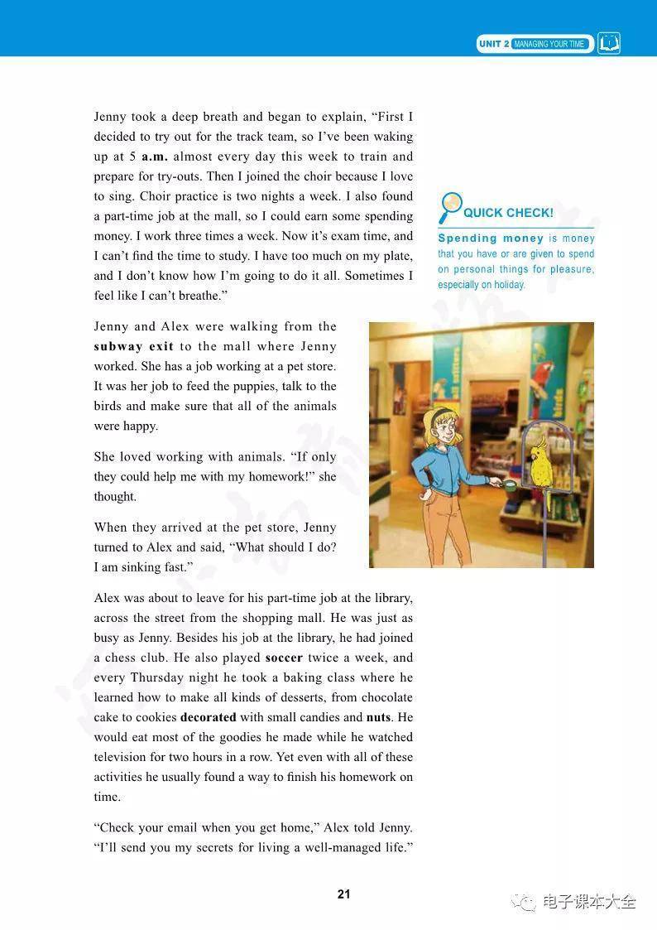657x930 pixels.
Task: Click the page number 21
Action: tap(344, 894)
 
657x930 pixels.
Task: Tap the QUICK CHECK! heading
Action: tap(508, 213)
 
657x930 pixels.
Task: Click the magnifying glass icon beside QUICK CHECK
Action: tap(451, 207)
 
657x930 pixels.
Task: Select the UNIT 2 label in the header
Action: tap(494, 44)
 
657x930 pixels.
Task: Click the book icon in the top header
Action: tap(609, 43)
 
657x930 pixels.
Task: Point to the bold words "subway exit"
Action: tap(133, 346)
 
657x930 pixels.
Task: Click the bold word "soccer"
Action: tap(284, 658)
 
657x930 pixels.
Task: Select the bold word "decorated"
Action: tap(208, 717)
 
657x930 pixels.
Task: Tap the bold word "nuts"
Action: tap(378, 717)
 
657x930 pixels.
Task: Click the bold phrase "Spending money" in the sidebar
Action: tap(490, 239)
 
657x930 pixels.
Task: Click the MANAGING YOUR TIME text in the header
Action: tap(549, 44)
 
